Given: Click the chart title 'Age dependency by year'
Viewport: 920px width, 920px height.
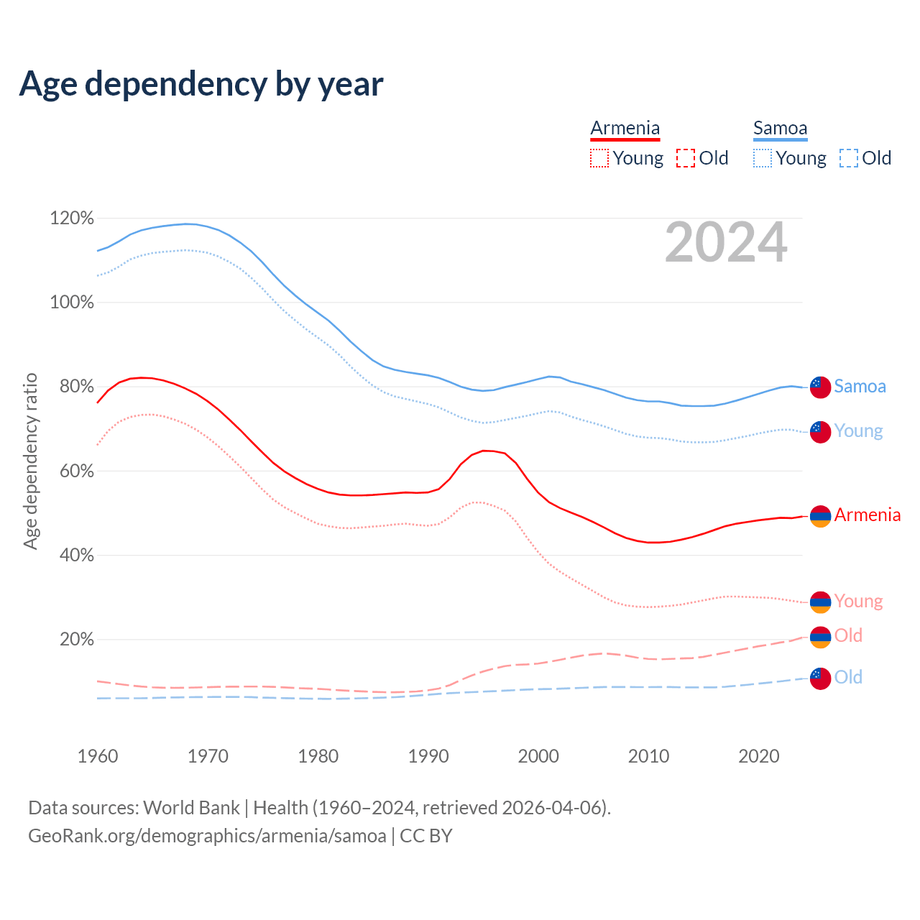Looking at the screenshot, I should pos(201,84).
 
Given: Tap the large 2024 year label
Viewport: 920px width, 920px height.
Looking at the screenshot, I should pos(726,242).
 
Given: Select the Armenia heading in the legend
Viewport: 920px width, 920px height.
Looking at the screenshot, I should pos(625,128).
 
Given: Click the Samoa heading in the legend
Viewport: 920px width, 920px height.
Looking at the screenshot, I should pos(780,128).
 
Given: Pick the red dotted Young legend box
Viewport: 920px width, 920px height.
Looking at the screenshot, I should pos(599,158).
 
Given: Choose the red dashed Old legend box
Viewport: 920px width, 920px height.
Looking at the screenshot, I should pos(686,158).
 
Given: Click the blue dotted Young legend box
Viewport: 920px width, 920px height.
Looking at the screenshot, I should pos(763,158).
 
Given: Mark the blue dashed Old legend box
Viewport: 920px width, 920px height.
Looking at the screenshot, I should pos(849,158).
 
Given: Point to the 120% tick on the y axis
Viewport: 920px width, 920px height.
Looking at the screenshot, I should pos(72,218).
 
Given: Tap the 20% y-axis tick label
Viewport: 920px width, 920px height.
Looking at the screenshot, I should pos(76,640).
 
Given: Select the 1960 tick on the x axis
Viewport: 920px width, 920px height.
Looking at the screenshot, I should pos(98,756).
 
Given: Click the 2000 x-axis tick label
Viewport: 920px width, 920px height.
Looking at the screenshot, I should pos(538,756).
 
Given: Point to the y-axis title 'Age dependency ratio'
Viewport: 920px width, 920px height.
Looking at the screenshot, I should pos(30,461).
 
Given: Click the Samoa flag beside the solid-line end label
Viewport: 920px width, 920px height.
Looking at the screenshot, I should pos(820,387).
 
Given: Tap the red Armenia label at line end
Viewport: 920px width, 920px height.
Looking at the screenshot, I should pos(867,515).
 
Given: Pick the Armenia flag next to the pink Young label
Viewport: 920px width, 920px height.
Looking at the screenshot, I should pos(820,602).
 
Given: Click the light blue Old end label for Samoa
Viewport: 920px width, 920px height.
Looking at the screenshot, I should pos(848,677).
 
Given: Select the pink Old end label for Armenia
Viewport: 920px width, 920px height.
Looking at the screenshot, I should pos(848,635).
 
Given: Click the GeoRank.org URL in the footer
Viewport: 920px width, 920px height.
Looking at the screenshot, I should pos(207,836).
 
